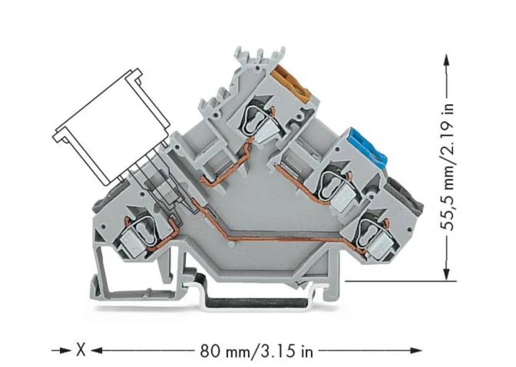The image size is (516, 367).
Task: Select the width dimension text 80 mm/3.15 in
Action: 256,352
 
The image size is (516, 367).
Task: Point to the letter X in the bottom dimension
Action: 81,352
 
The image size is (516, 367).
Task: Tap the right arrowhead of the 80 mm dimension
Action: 417,352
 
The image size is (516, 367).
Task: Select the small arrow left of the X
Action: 64,352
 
